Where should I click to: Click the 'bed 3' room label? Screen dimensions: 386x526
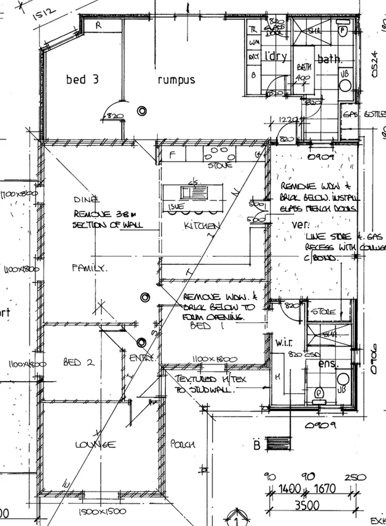coord(80,79)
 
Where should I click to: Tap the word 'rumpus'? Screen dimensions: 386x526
coord(176,80)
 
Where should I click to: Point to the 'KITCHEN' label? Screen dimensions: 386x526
coord(201,227)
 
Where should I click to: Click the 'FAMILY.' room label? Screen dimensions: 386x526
coord(90,268)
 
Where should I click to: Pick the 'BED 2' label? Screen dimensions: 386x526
coord(79,363)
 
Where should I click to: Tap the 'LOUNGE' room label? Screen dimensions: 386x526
coord(95,444)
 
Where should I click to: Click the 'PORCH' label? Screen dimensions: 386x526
coord(183,444)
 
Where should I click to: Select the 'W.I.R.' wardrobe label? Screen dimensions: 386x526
coord(286,342)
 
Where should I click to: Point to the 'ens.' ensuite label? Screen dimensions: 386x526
coord(327,364)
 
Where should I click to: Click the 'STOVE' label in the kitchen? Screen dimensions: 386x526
coord(219,165)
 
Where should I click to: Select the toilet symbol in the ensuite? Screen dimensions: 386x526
coord(319,392)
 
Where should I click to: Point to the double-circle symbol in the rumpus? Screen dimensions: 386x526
coord(143,111)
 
